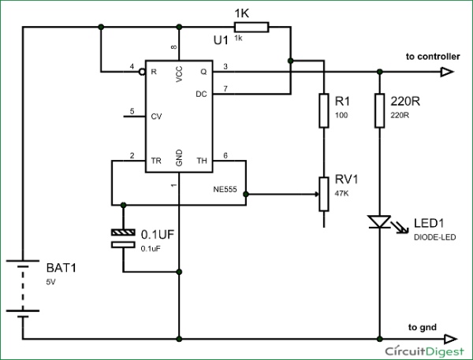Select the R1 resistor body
pos(323,110)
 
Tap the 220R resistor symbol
pos(379,110)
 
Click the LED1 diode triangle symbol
pos(379,223)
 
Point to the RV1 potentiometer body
pos(323,193)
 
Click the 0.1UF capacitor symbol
pos(124,239)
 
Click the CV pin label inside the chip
pos(156,116)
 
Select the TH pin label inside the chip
pos(201,161)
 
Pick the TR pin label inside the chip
pos(156,161)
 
